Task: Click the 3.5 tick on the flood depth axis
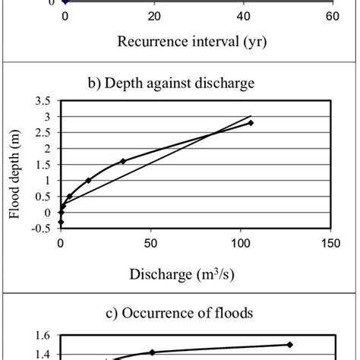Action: coord(44,100)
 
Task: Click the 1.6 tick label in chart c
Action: coord(44,336)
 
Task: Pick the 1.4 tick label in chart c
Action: coord(44,354)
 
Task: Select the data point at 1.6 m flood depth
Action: coord(123,161)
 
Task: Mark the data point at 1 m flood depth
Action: coord(89,180)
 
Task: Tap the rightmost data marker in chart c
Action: coord(289,344)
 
